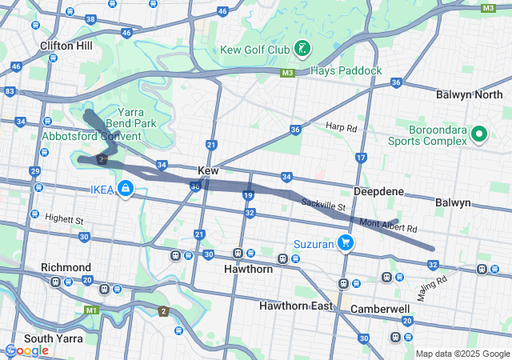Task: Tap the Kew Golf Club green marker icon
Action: pos(302,50)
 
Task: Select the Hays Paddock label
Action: pos(347,70)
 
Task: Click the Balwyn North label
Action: pos(470,94)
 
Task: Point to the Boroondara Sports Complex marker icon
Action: pos(479,134)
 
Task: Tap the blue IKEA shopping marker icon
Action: pos(126,189)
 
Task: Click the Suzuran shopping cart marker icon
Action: pos(346,242)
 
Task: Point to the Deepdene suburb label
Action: pos(379,192)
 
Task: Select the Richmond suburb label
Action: pos(67,267)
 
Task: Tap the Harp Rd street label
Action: pos(341,126)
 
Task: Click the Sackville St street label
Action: pos(322,206)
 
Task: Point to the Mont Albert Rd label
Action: pos(388,226)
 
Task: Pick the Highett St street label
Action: pos(64,218)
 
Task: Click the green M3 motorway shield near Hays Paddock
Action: pos(288,73)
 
